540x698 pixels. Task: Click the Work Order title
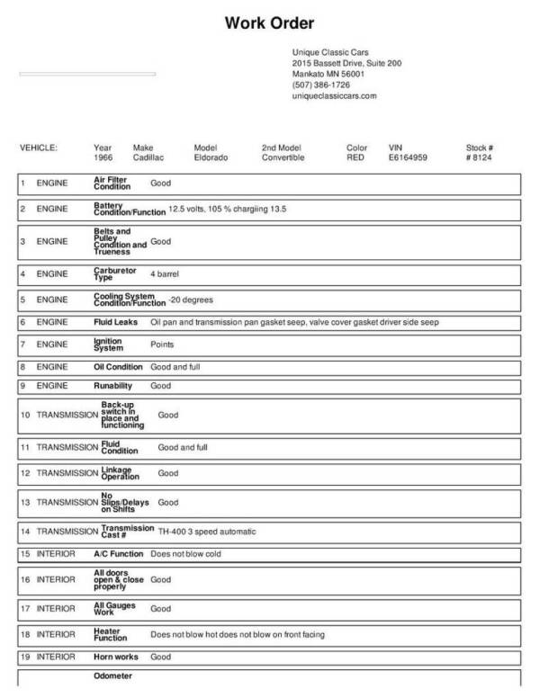point(269,22)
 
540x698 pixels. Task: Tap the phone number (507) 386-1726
point(321,85)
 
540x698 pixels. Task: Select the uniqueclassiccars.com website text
point(334,95)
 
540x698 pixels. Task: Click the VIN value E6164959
point(408,157)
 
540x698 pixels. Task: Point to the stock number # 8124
point(481,157)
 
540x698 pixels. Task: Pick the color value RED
point(355,157)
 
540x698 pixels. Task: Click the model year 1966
point(103,157)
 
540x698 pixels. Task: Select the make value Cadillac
point(148,157)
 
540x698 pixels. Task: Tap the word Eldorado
point(211,157)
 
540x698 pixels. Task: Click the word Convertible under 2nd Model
point(283,157)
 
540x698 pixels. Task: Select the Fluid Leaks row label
point(115,322)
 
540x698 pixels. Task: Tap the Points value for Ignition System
point(162,345)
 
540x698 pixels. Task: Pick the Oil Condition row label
point(118,367)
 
